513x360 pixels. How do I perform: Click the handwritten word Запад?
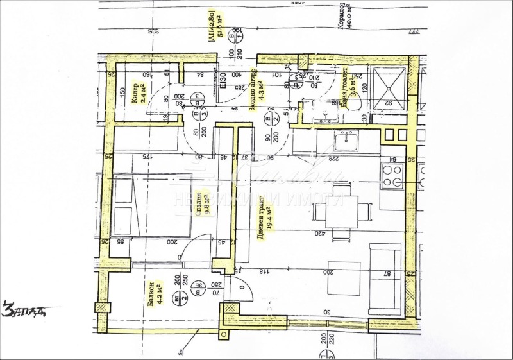click(x=24, y=311)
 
